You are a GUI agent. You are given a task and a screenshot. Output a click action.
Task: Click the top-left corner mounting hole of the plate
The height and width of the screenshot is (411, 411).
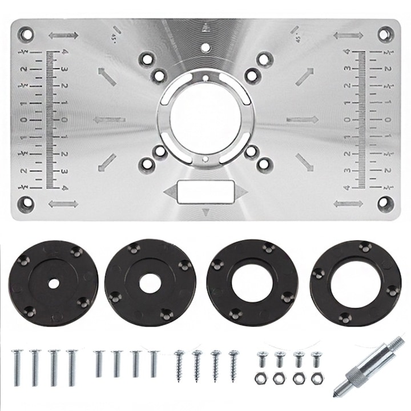[26, 34]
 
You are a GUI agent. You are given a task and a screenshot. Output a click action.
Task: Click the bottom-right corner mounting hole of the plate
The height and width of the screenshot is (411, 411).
[385, 203]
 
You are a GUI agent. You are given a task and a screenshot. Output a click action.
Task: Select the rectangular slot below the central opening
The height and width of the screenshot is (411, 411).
[205, 192]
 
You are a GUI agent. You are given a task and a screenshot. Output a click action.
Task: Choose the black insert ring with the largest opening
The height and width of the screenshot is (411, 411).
[355, 283]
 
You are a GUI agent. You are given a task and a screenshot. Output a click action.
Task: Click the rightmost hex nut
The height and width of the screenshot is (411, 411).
[316, 378]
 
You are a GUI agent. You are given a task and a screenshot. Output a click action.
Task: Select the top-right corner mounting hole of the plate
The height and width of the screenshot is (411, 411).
[385, 34]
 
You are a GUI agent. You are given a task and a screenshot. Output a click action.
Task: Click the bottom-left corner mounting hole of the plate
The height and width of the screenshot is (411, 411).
[26, 203]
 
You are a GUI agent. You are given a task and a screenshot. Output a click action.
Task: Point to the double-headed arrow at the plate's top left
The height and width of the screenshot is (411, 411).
[63, 35]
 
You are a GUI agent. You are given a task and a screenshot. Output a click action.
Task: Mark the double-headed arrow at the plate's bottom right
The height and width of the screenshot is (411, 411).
[348, 204]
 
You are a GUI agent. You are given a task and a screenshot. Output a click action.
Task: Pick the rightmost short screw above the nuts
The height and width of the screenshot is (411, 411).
[316, 359]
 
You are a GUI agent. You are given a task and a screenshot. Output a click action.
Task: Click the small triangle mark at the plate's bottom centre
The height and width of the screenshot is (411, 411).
[205, 212]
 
